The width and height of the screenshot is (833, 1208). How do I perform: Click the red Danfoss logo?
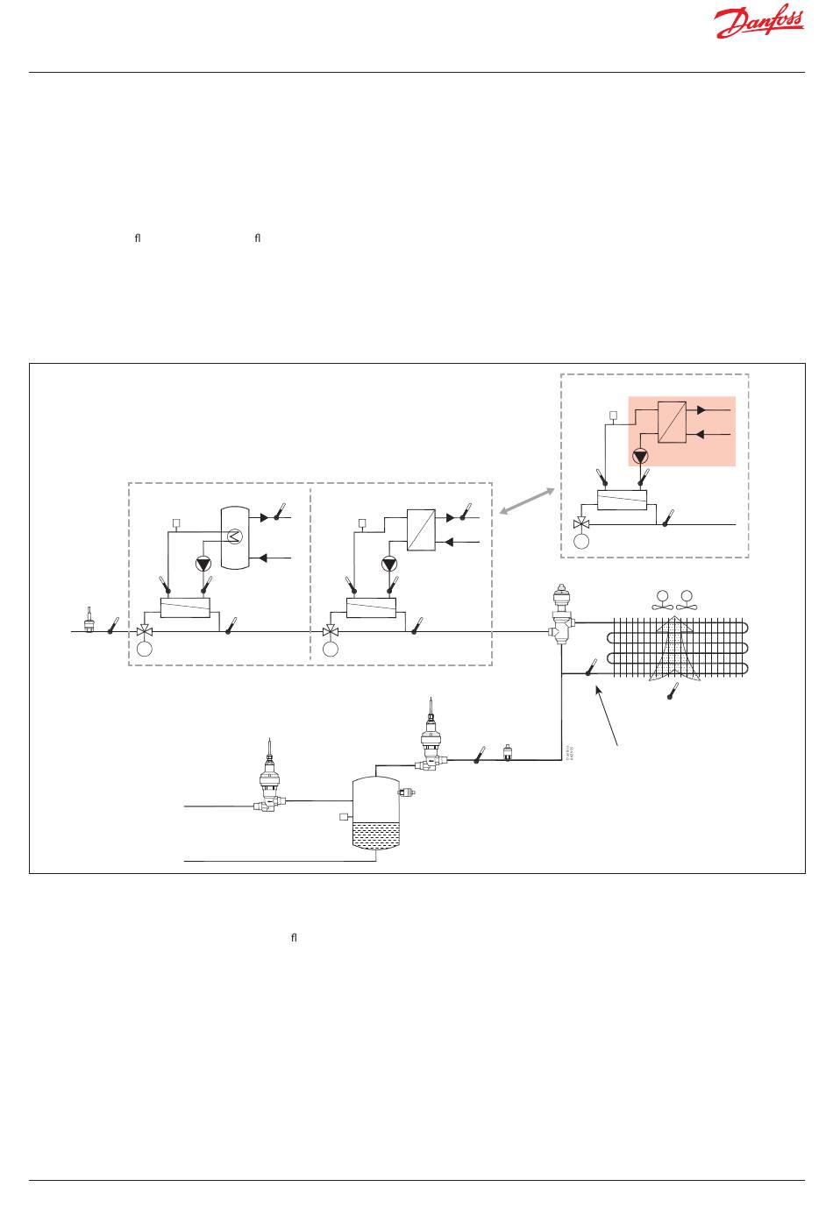(x=758, y=24)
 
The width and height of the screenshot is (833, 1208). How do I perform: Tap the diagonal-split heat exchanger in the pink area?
(x=671, y=423)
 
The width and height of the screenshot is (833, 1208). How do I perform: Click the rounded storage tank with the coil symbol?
(x=234, y=536)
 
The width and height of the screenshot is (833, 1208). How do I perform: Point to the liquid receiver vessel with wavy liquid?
(x=375, y=813)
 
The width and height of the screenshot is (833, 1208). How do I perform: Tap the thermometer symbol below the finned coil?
(x=673, y=691)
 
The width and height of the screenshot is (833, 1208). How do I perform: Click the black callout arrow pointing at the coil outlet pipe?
(x=609, y=715)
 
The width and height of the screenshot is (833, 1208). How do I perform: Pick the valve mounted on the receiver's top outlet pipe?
(x=431, y=745)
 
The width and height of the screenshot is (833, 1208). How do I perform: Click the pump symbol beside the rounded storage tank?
(x=204, y=564)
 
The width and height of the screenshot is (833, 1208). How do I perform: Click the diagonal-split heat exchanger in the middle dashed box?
(x=421, y=531)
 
